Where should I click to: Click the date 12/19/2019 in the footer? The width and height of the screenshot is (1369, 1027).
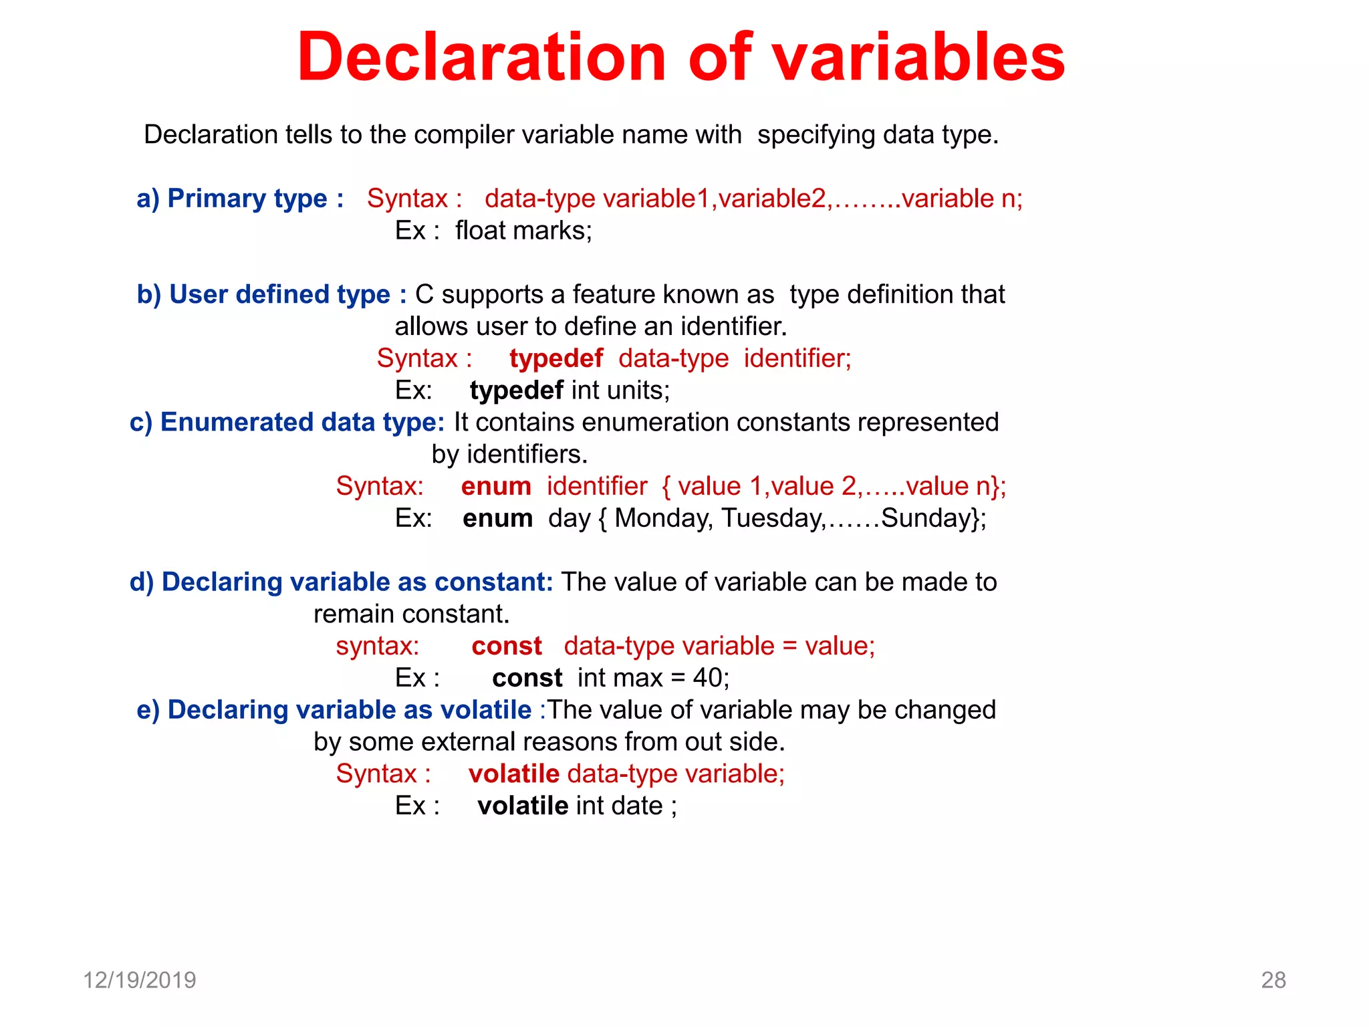pyautogui.click(x=139, y=980)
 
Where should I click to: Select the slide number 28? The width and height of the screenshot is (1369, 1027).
pyautogui.click(x=1273, y=980)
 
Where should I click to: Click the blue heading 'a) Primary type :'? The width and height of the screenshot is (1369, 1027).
pyautogui.click(x=240, y=199)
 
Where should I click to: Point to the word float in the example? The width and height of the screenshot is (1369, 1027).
pyautogui.click(x=479, y=231)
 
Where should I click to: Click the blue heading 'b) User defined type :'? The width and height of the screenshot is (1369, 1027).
pyautogui.click(x=271, y=295)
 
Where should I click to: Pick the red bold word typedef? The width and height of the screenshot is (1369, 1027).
pyautogui.click(x=555, y=359)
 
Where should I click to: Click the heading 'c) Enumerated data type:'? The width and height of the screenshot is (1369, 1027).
pyautogui.click(x=287, y=423)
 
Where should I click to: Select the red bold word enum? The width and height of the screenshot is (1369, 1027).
pyautogui.click(x=496, y=487)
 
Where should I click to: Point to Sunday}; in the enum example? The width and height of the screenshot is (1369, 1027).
pyautogui.click(x=933, y=519)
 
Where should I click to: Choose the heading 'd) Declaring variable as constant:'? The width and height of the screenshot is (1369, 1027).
pyautogui.click(x=341, y=582)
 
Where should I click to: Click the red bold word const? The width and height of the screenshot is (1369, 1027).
pyautogui.click(x=507, y=647)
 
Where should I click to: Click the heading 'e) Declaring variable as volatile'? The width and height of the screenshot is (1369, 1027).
pyautogui.click(x=334, y=710)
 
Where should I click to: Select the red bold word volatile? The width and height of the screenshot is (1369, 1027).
pyautogui.click(x=513, y=774)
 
